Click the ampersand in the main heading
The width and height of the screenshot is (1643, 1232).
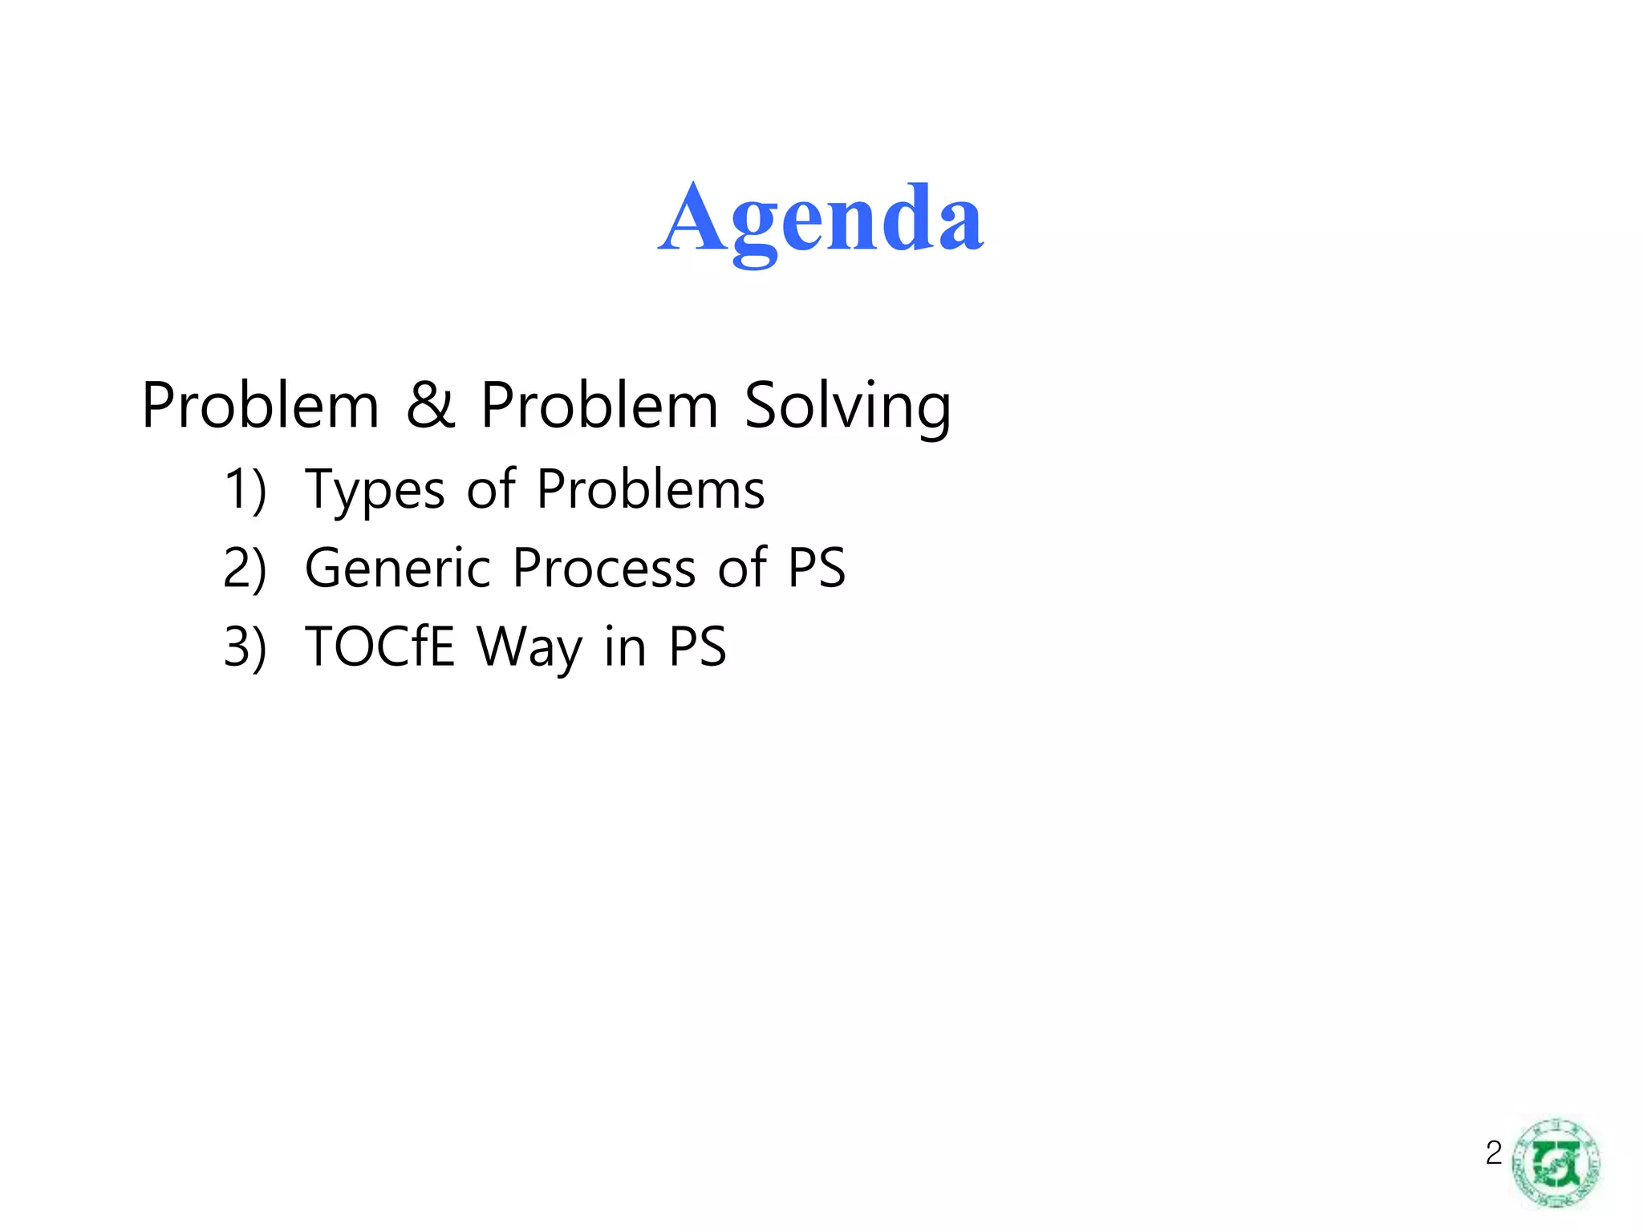click(431, 404)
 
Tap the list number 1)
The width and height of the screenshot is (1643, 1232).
click(245, 490)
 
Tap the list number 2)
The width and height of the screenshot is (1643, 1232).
click(245, 569)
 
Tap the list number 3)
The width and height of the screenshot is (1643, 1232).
click(245, 647)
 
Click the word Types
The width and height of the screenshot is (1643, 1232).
click(375, 490)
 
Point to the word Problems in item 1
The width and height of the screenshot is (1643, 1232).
click(651, 488)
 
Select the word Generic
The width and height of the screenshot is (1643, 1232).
click(397, 568)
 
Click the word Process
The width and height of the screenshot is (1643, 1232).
click(604, 568)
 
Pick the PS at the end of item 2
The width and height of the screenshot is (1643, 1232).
click(817, 568)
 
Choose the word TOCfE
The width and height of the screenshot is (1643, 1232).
click(379, 646)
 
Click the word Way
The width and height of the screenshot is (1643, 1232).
click(529, 648)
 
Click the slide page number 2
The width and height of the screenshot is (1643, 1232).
click(1493, 1153)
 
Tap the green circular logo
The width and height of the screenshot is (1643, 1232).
click(1556, 1162)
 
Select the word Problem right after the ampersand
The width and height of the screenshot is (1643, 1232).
click(599, 405)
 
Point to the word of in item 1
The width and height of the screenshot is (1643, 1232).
click(491, 488)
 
